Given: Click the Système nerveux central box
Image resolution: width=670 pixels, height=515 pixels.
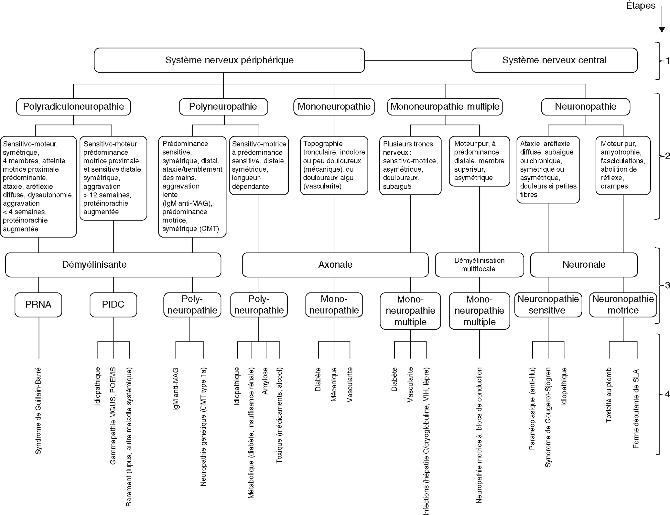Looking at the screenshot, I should (x=554, y=60).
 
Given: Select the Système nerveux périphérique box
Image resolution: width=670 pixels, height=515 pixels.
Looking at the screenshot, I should (x=229, y=60).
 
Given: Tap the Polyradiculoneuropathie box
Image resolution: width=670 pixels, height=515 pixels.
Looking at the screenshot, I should (x=73, y=107).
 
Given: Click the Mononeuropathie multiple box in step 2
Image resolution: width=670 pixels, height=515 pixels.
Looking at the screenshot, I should (x=445, y=107).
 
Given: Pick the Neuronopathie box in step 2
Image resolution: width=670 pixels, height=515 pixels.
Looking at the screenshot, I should (x=585, y=107).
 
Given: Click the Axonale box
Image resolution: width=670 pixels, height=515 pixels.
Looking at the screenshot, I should (x=335, y=265).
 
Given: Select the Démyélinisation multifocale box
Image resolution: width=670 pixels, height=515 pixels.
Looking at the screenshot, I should (x=479, y=265).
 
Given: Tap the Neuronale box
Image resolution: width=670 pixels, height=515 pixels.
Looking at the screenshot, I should (x=584, y=265).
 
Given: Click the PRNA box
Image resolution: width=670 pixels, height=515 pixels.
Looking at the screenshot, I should (x=38, y=305).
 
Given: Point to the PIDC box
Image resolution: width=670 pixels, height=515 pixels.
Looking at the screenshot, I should (x=113, y=305).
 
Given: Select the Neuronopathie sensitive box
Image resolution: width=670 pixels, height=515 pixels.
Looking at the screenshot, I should (x=548, y=305).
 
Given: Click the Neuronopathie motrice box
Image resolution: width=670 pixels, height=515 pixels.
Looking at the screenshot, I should (x=623, y=305).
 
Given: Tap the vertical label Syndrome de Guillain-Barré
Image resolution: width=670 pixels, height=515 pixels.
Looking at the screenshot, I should (x=39, y=411).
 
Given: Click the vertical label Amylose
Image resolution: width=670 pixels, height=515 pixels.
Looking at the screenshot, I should (x=265, y=381).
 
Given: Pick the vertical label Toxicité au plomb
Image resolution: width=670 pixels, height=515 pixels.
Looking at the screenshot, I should (x=609, y=395).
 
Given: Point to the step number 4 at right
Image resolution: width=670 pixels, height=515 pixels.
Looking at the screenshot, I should (x=667, y=394).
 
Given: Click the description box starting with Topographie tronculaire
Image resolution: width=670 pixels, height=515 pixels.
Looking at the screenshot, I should (x=334, y=165).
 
